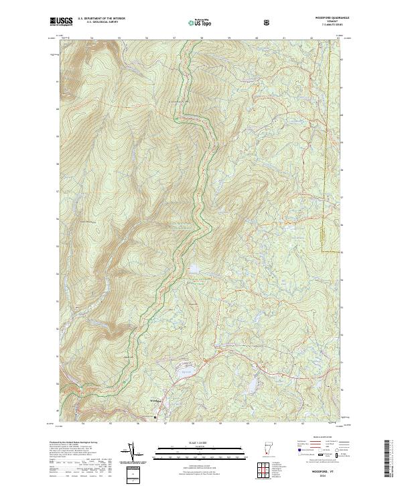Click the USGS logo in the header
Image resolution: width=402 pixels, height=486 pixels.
coord(62,21)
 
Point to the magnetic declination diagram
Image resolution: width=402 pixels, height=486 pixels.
coord(131,451)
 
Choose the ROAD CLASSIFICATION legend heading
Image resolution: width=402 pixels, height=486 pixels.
coord(316,441)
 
